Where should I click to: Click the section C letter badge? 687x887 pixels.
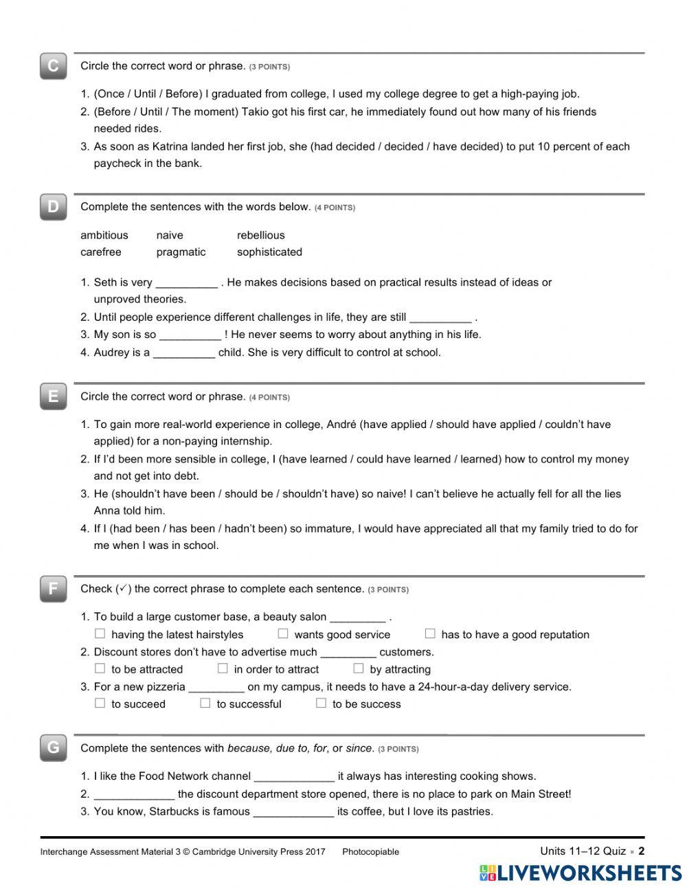pos(53,66)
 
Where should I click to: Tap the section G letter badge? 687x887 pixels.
pos(53,748)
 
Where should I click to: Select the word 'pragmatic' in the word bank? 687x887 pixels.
pos(181,252)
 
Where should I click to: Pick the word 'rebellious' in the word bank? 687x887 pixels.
pos(260,235)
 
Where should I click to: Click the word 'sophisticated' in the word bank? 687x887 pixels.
pos(269,252)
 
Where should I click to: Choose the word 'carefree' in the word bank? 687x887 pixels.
pos(101,252)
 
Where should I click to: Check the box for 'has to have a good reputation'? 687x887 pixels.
pos(430,633)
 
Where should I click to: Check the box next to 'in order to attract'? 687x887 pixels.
pos(223,668)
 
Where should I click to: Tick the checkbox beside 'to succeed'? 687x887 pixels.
pos(100,702)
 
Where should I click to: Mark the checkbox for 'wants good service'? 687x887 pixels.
pos(283,633)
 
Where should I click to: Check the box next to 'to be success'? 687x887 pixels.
pos(321,702)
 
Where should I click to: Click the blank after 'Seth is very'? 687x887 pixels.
pos(186,283)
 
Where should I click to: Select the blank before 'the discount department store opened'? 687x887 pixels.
pos(134,795)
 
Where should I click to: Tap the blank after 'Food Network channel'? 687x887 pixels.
pos(294,777)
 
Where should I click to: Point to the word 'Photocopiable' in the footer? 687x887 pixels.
pos(370,852)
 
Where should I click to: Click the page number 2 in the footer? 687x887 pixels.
pos(642,851)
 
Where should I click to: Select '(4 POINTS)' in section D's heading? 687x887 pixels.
pos(335,207)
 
